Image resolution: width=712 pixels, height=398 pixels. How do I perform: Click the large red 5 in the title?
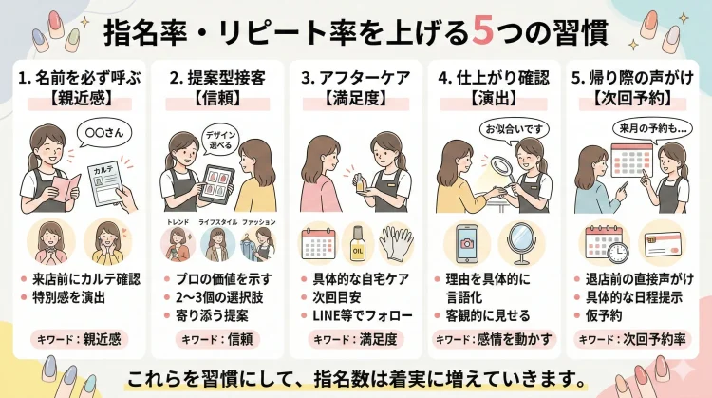pyautogui.click(x=481, y=32)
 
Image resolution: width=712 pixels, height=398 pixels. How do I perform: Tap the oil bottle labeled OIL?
pyautogui.click(x=356, y=244)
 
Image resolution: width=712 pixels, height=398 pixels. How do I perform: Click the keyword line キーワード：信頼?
pyautogui.click(x=214, y=339)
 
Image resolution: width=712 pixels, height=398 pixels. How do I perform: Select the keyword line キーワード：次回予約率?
pyautogui.click(x=629, y=339)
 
